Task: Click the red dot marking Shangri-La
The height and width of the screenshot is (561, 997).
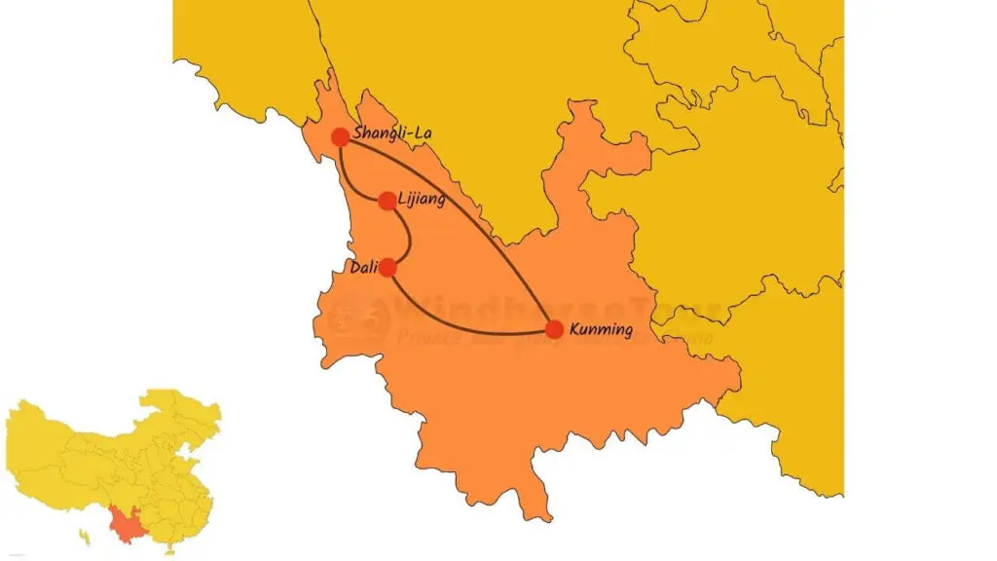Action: (340, 137)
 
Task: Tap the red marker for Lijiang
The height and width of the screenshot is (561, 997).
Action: (388, 201)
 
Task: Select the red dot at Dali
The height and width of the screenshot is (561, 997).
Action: (388, 267)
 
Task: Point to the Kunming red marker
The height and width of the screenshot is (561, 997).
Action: (554, 329)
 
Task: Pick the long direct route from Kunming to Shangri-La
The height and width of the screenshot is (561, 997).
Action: (467, 209)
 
